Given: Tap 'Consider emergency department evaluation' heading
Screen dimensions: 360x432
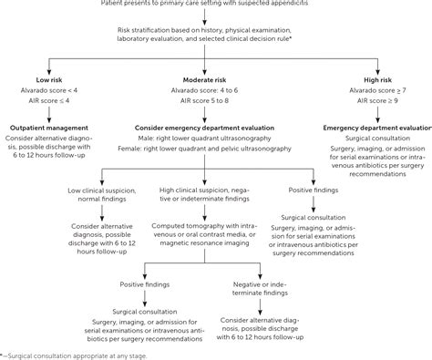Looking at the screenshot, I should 215,129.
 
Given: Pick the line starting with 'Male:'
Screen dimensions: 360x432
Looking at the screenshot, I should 215,139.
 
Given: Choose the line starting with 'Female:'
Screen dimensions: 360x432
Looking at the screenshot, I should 215,151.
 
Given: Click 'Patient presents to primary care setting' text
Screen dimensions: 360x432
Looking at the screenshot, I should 215,5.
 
